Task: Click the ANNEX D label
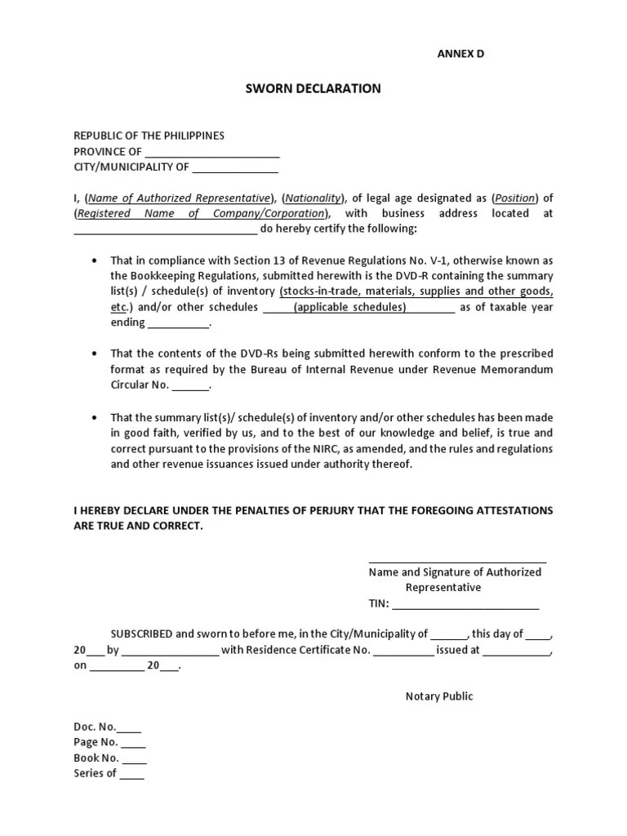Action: tap(461, 53)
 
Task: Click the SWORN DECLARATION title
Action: tap(313, 88)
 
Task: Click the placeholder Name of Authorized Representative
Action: tap(180, 198)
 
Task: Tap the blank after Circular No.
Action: tap(191, 386)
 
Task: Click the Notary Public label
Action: tap(439, 696)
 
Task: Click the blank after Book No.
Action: tap(134, 759)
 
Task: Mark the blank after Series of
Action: tap(132, 775)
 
